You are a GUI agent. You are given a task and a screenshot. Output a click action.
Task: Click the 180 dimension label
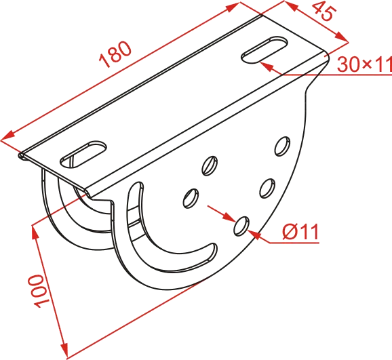(x=115, y=54)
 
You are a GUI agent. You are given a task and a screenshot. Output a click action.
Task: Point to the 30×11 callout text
(x=364, y=64)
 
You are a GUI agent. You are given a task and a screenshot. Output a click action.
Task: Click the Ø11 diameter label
(x=300, y=231)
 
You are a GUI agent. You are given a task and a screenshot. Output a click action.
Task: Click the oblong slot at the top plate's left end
(x=83, y=155)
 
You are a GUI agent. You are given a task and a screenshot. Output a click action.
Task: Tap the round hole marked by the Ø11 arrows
(x=241, y=226)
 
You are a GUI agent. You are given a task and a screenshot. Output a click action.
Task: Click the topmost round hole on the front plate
(x=283, y=146)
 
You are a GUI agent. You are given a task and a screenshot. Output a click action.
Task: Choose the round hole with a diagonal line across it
(x=210, y=165)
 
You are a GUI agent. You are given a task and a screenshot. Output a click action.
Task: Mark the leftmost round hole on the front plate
(x=191, y=198)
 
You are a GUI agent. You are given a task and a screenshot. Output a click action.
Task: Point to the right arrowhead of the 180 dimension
(x=233, y=7)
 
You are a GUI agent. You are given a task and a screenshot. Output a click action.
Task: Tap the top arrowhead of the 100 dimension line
(x=35, y=231)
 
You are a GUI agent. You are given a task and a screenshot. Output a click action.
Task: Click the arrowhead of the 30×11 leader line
(x=266, y=66)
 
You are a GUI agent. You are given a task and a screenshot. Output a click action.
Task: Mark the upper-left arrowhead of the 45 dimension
(x=290, y=5)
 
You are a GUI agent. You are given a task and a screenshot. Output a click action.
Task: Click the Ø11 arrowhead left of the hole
(x=229, y=216)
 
